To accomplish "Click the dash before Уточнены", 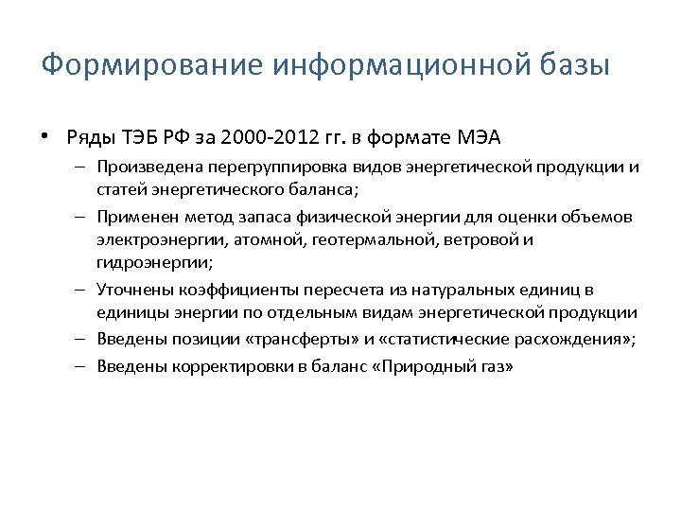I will click(83, 290).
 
